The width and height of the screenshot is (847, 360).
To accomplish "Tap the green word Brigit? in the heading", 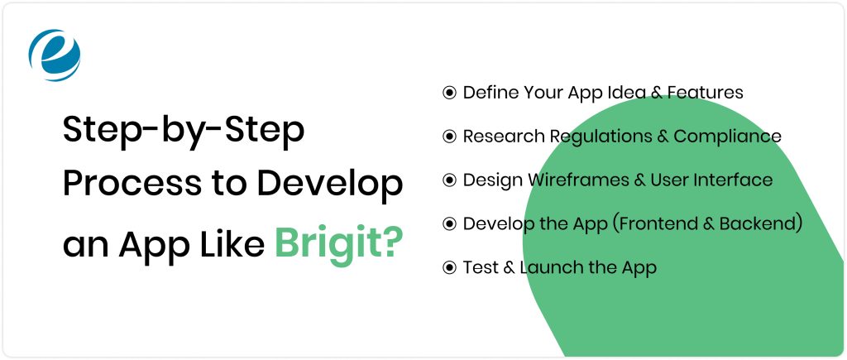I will (339, 244).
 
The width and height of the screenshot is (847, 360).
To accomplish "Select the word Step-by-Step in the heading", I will (184, 132).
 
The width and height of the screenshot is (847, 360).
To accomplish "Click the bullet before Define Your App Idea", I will (450, 92).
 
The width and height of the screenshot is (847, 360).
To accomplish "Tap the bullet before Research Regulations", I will (450, 137).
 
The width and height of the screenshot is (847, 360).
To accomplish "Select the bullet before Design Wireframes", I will (450, 180).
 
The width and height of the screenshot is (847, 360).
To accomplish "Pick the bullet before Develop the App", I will (450, 223).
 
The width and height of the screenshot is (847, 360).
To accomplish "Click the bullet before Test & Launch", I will (450, 267).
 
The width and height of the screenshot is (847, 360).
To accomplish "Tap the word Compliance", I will (727, 137).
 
